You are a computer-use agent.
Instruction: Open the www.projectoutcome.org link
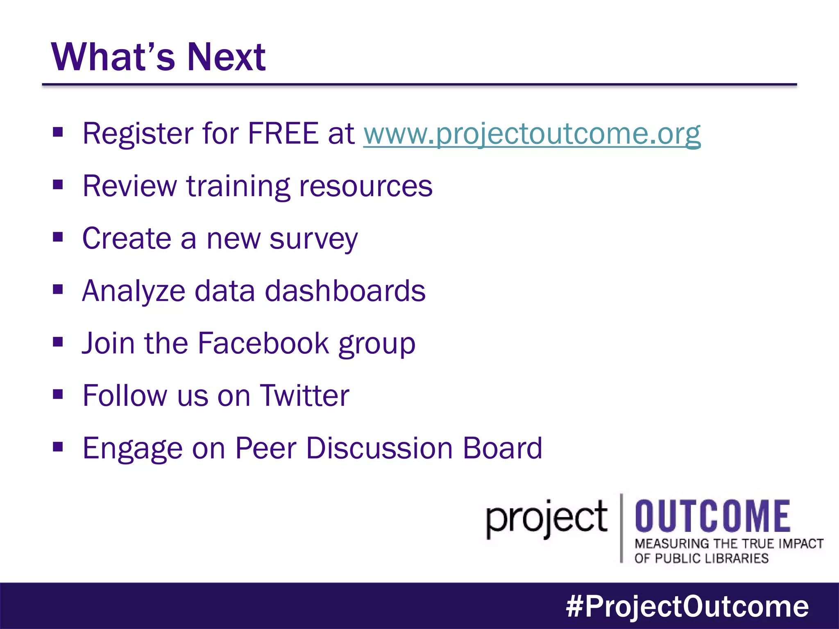pyautogui.click(x=532, y=133)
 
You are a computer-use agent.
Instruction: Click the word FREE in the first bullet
pyautogui.click(x=283, y=133)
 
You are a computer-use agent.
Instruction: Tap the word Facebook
pyautogui.click(x=263, y=343)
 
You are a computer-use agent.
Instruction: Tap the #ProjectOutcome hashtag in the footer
pyautogui.click(x=687, y=606)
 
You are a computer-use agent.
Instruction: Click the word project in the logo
pyautogui.click(x=546, y=519)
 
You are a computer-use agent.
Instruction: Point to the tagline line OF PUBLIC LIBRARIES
pyautogui.click(x=701, y=558)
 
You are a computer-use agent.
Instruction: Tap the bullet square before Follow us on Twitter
pyautogui.click(x=58, y=394)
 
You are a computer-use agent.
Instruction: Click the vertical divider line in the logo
pyautogui.click(x=621, y=528)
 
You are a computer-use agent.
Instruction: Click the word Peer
pyautogui.click(x=265, y=448)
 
